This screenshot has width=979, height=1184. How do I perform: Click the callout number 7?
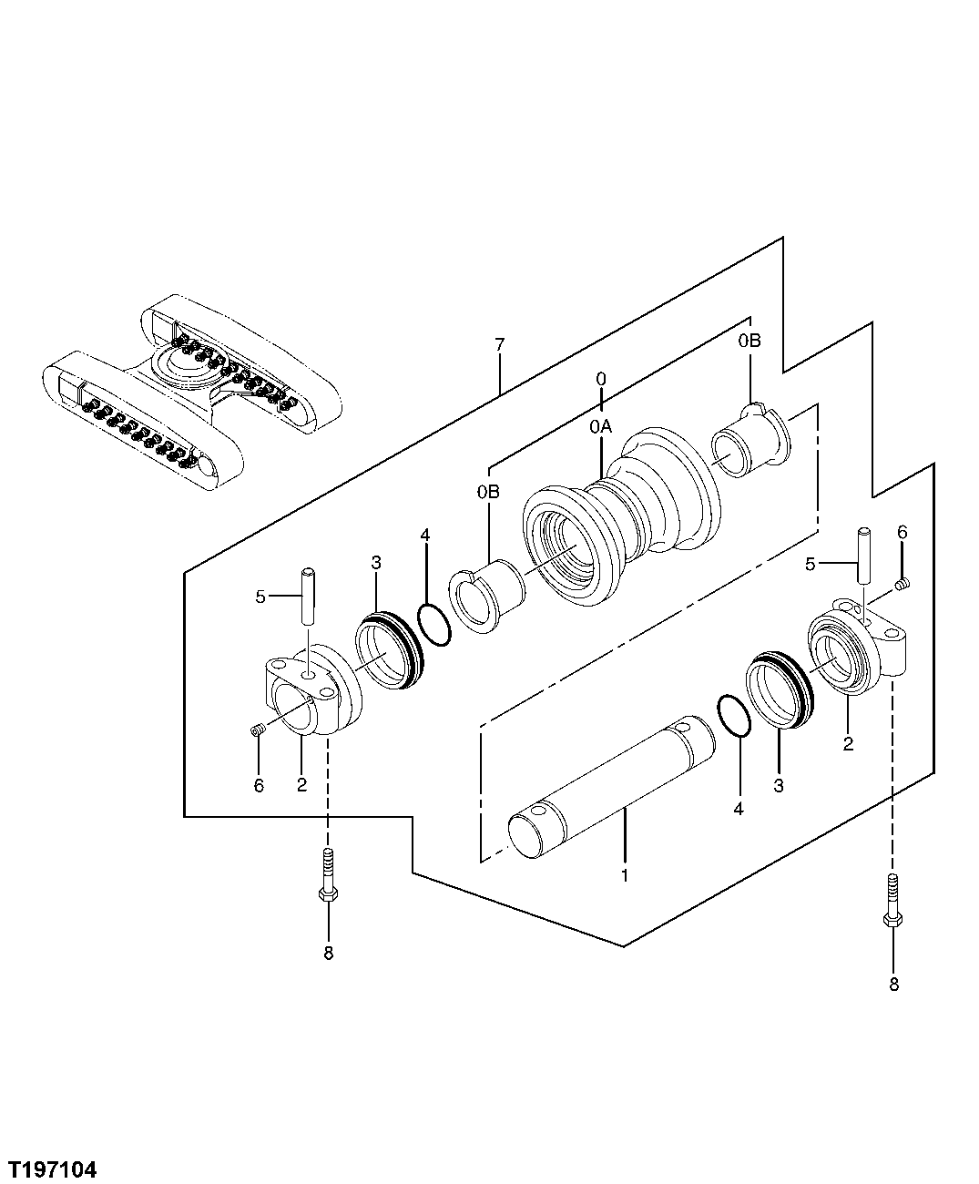499,344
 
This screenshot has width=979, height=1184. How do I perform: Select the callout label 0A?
600,424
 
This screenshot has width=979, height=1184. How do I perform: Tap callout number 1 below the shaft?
625,876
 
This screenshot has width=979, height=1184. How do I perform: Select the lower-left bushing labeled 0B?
490,597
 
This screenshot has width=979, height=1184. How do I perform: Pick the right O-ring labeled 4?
734,716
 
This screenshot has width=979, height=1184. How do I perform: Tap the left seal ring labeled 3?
390,650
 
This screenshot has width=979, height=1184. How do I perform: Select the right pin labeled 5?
863,556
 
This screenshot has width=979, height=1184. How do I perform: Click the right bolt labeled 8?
892,901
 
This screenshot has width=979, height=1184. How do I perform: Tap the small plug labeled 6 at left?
257,728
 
